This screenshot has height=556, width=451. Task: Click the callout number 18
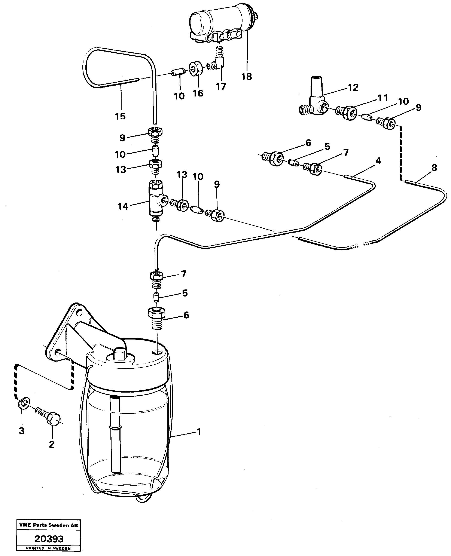coord(246,77)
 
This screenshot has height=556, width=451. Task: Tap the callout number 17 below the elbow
coord(221,86)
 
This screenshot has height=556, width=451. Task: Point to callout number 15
coord(120,116)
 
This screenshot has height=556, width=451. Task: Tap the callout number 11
coord(383,98)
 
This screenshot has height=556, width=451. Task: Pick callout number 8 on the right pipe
coord(434,168)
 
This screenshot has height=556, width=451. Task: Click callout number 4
coord(378,161)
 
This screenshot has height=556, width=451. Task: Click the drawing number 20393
coord(49,539)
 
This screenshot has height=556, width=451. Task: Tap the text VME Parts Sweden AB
coord(48,525)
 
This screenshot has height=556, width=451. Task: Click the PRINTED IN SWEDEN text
coord(48,548)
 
